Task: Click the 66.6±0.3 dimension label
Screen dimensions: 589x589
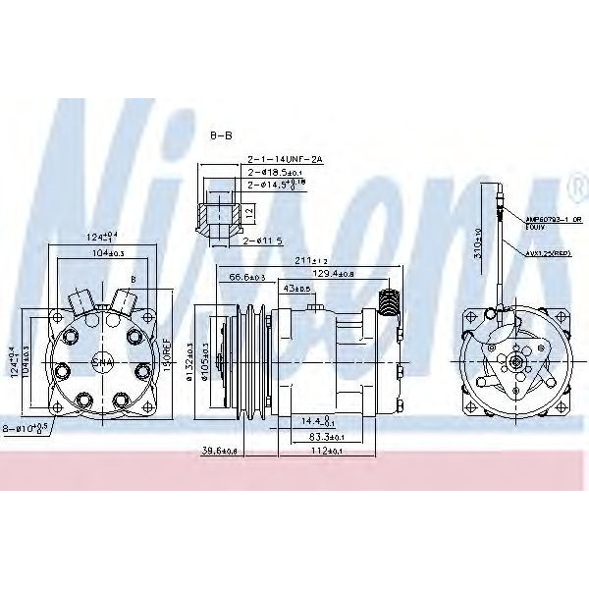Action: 248,278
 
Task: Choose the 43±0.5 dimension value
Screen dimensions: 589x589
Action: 296,289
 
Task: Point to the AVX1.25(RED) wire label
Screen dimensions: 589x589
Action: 547,253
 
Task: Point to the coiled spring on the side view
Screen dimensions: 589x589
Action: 390,301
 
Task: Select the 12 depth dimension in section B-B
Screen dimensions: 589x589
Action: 250,211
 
